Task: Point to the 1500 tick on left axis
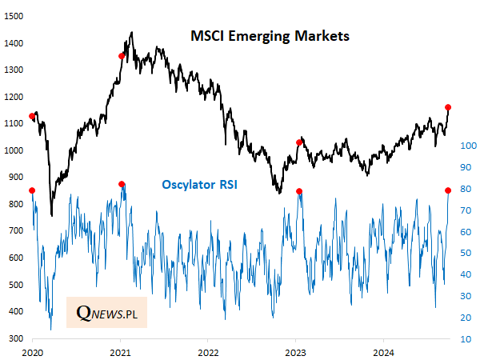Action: [x=14, y=16]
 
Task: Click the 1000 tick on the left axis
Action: [x=14, y=150]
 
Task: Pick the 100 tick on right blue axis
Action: [x=469, y=146]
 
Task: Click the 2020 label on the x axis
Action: [x=32, y=352]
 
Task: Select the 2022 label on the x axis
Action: [x=208, y=352]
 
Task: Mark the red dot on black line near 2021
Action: [x=122, y=56]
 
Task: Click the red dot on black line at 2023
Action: [x=299, y=142]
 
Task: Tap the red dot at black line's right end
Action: [x=448, y=107]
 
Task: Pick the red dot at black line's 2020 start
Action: [x=32, y=117]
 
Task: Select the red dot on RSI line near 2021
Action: [x=122, y=184]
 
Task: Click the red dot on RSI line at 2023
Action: [x=299, y=191]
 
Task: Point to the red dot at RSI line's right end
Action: [x=448, y=190]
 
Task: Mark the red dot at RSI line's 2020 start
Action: [x=32, y=190]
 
